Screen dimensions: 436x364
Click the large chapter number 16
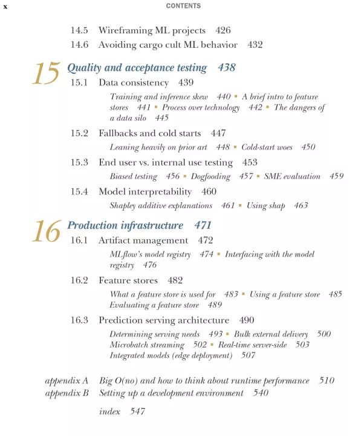pos(46,231)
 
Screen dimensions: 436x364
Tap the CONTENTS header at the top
pos(182,6)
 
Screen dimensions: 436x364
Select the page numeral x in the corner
pos(5,6)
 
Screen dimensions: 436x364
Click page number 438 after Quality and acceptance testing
pos(227,68)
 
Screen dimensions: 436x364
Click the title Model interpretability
pos(145,191)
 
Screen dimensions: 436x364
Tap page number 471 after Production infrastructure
pos(203,225)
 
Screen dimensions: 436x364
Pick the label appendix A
pos(67,381)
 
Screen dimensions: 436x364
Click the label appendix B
pos(67,394)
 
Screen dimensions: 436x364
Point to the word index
pos(109,412)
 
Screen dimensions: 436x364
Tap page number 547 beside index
pos(137,412)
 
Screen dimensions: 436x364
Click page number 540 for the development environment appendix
pos(261,394)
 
